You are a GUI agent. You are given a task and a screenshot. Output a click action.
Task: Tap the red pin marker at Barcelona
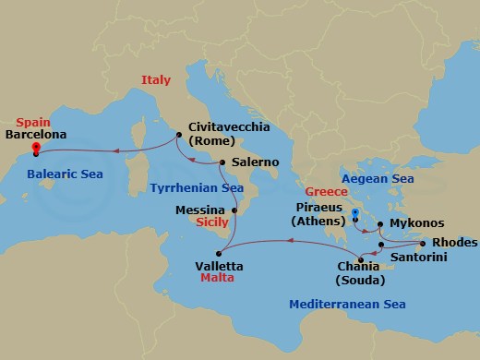[35, 147]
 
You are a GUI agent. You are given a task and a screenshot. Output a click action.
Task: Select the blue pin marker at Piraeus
[355, 214]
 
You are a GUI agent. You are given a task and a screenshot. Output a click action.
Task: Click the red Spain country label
[32, 121]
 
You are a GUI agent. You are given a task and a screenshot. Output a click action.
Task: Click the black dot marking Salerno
[223, 162]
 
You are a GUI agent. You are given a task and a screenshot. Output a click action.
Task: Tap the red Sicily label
[213, 222]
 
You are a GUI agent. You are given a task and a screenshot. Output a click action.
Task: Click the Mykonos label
[417, 223]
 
